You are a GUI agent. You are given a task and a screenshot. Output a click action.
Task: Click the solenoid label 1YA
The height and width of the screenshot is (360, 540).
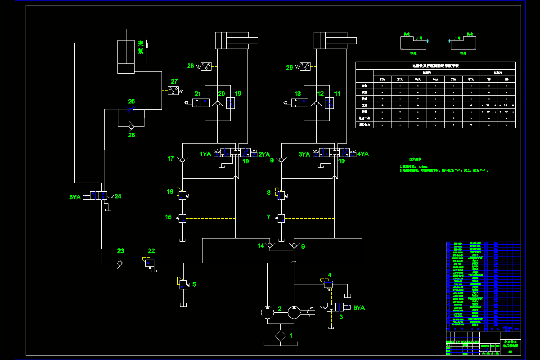206,154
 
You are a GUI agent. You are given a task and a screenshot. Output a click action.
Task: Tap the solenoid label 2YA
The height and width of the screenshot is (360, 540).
264,154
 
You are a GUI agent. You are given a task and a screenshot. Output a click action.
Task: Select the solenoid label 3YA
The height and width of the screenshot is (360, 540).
305,154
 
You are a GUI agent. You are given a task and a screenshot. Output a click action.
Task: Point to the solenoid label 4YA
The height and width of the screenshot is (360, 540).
363,154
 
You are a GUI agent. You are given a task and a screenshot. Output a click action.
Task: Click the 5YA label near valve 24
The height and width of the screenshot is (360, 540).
75,197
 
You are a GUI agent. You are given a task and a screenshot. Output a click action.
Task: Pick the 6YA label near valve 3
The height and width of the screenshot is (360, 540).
359,308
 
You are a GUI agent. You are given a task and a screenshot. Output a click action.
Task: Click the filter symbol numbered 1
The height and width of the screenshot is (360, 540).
280,336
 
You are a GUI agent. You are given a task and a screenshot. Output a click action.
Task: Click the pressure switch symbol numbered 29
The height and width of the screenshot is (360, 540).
305,67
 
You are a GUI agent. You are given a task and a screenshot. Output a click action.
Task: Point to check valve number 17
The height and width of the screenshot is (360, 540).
182,160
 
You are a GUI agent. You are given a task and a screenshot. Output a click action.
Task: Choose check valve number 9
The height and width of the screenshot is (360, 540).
281,160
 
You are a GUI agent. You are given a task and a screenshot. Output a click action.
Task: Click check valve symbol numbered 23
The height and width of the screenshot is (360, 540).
120,263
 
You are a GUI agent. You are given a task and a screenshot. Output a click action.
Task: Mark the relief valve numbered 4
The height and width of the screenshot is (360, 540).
328,284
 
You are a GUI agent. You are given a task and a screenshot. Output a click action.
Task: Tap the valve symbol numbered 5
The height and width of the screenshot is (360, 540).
183,284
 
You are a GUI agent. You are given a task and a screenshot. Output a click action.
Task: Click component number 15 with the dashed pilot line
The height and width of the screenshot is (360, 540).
182,218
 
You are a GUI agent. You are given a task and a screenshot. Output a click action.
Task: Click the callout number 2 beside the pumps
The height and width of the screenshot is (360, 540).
279,309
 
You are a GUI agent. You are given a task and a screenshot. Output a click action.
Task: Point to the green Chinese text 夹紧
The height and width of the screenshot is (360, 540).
140,47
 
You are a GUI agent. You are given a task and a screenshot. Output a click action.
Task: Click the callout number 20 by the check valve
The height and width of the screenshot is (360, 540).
221,94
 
